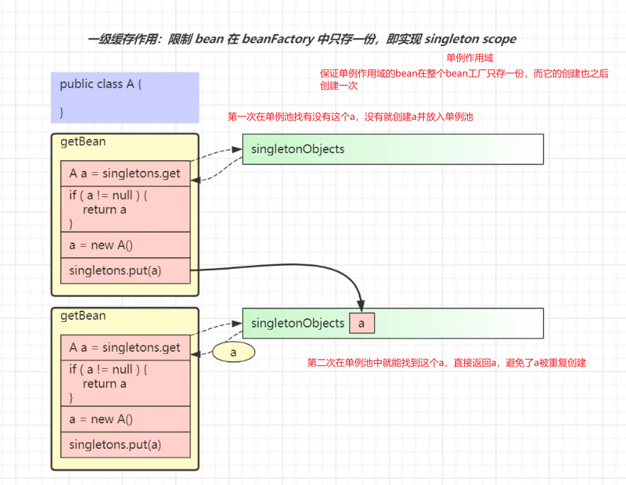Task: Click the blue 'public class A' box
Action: pos(125,97)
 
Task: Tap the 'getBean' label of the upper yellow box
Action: pos(83,141)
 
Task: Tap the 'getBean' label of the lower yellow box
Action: pos(83,316)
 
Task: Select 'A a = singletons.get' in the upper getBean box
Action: pos(125,174)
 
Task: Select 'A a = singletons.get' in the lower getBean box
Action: pos(125,348)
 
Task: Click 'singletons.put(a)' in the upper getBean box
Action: pos(115,270)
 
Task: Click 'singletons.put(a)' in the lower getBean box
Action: pos(115,445)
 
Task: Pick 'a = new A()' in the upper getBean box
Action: pos(101,245)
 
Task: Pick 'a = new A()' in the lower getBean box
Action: pos(101,419)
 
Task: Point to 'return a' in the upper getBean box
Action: pos(104,209)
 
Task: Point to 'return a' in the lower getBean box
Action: pos(104,384)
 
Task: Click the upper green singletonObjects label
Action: pos(297,149)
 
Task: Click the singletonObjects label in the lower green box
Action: pos(297,323)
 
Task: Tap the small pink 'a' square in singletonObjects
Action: pos(361,323)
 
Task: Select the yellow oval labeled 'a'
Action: pos(233,352)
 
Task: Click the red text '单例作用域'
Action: pos(469,58)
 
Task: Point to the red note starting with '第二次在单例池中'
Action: pos(446,362)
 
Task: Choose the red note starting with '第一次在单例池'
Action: pos(350,117)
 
